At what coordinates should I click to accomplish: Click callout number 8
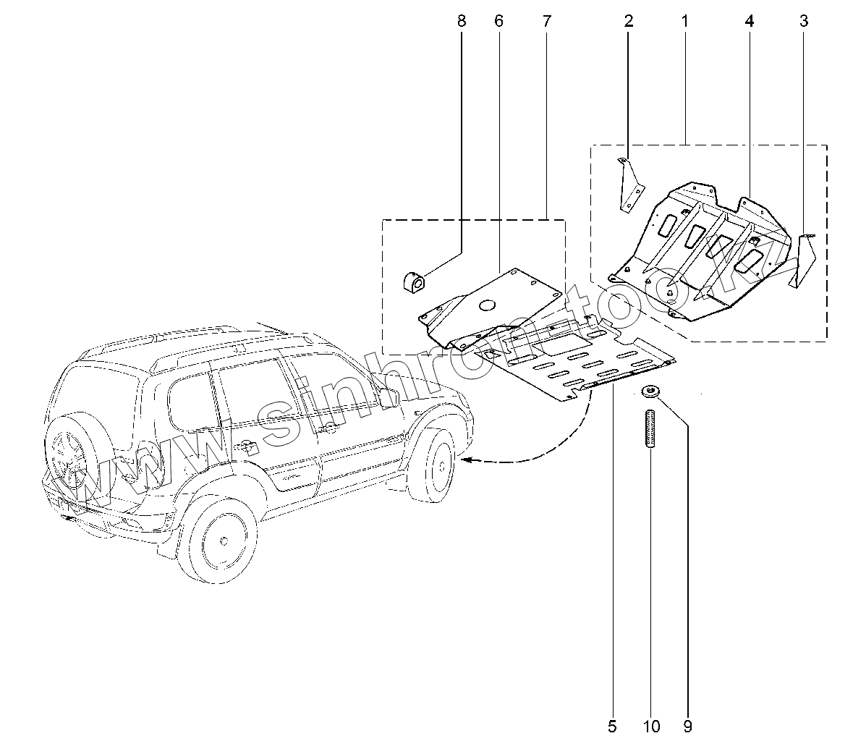pyautogui.click(x=462, y=21)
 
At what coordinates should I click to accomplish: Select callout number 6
pyautogui.click(x=498, y=21)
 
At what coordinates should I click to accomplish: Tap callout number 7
pyautogui.click(x=546, y=21)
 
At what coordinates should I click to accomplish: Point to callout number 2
pyautogui.click(x=629, y=21)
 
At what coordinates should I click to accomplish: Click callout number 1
pyautogui.click(x=684, y=21)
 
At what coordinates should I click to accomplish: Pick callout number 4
pyautogui.click(x=750, y=21)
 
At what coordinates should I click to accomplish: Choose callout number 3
pyautogui.click(x=804, y=21)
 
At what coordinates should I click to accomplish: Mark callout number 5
pyautogui.click(x=612, y=724)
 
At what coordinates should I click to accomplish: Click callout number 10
pyautogui.click(x=650, y=724)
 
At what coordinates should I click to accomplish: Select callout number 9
pyautogui.click(x=687, y=724)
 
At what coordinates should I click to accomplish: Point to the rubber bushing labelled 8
pyautogui.click(x=412, y=281)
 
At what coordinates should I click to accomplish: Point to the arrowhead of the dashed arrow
pyautogui.click(x=466, y=459)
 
